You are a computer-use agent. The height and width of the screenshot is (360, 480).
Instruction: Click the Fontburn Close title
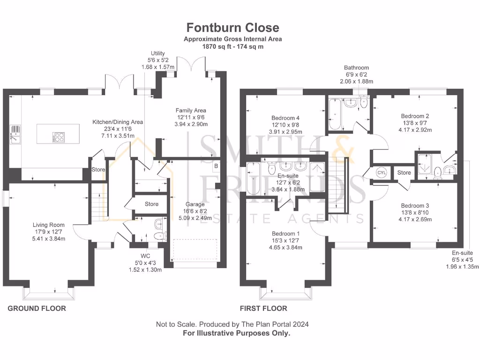point(233,28)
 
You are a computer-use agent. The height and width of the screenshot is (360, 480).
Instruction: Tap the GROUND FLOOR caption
point(37,308)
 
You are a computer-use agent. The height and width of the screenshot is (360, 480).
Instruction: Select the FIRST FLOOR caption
point(263,308)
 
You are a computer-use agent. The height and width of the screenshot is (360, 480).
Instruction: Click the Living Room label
point(49,225)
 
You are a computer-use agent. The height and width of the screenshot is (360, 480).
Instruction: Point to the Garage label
point(195,204)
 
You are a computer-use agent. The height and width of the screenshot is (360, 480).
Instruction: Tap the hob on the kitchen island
point(60,137)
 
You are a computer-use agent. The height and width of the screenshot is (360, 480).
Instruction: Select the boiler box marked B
point(216,166)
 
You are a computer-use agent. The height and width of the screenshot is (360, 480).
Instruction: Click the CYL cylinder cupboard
point(382,172)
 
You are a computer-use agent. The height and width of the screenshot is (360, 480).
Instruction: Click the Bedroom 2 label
point(414,116)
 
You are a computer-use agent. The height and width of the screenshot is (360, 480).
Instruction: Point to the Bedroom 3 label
point(414,206)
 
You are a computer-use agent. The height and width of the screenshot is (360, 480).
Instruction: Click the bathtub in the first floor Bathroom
point(335,115)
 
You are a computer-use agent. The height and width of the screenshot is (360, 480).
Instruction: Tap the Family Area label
point(191,110)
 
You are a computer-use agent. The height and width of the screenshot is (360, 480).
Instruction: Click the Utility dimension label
point(157,60)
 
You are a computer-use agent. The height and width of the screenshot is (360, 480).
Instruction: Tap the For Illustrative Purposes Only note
point(236,333)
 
